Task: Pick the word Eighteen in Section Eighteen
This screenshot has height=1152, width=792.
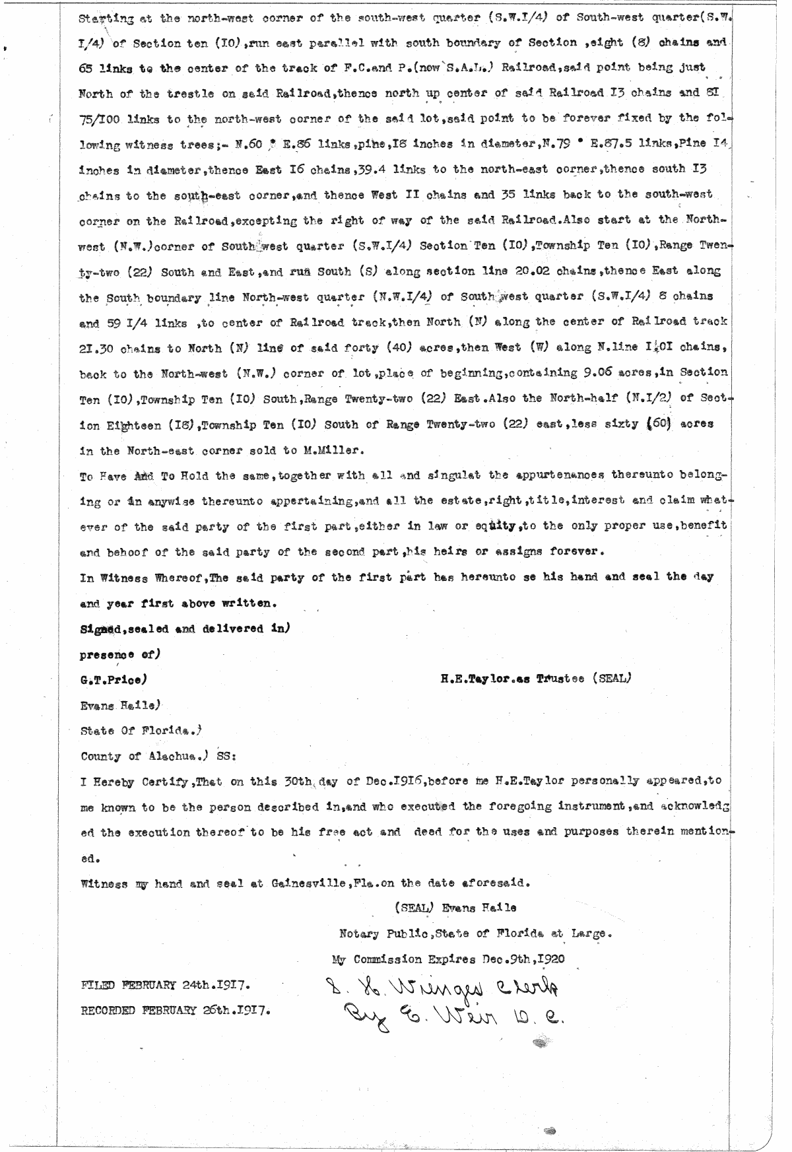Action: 126,424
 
